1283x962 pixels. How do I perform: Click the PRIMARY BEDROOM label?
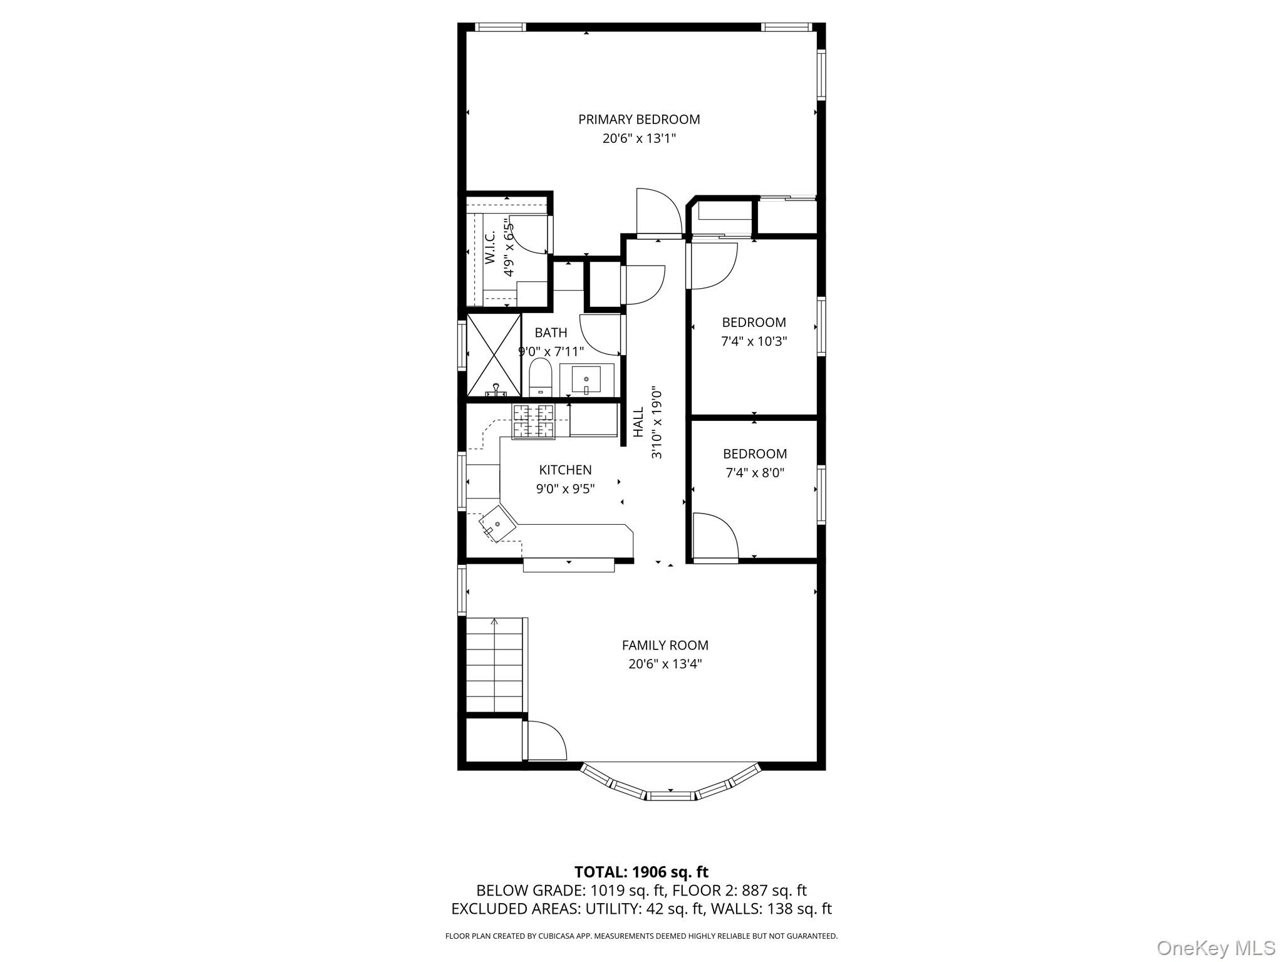point(638,119)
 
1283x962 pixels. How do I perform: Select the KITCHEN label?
point(565,470)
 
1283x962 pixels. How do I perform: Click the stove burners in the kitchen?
point(534,422)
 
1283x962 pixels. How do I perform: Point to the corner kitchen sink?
point(497,523)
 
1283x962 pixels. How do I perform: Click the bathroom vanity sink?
point(586,380)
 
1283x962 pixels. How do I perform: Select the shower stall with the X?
point(494,355)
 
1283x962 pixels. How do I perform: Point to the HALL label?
point(638,423)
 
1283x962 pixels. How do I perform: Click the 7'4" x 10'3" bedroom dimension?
point(754,341)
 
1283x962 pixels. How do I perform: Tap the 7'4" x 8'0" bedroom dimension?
point(754,473)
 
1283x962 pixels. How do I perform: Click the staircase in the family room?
point(495,664)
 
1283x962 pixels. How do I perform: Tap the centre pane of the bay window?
point(670,795)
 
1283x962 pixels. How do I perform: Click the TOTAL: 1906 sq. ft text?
point(641,872)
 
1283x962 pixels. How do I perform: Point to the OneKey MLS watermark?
point(1215,948)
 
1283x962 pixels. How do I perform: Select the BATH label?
point(551,333)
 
